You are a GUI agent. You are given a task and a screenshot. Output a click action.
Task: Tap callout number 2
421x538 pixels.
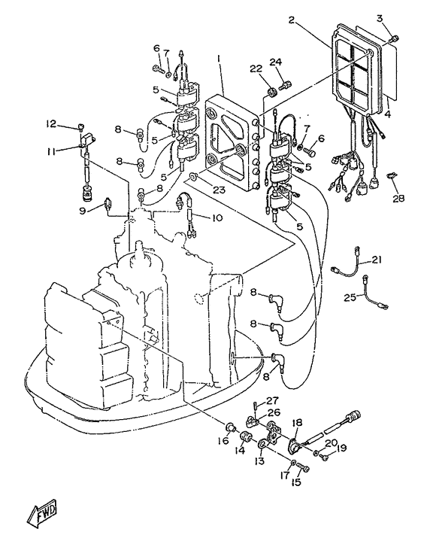[292, 20]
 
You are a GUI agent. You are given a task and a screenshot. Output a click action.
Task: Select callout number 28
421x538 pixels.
[398, 198]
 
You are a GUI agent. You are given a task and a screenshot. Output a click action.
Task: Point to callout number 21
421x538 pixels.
[377, 260]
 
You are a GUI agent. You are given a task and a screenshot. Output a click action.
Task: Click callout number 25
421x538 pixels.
[350, 297]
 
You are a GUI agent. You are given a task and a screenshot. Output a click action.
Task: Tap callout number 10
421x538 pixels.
[217, 217]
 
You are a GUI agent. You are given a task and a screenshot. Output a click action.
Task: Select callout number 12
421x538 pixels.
[51, 123]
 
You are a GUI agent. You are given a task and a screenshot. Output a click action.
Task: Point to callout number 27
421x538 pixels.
[273, 400]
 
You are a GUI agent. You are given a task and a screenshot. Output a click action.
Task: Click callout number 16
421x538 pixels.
[223, 440]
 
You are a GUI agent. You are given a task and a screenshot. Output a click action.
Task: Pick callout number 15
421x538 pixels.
[295, 482]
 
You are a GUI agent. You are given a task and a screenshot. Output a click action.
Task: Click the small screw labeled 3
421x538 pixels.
[395, 39]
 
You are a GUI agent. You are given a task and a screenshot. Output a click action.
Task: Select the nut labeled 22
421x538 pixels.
[272, 92]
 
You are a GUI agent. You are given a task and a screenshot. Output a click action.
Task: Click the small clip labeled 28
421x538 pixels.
[391, 176]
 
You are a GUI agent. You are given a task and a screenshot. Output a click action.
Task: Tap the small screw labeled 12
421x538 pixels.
[81, 128]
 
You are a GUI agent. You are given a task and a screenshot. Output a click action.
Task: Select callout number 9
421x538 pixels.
[82, 211]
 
